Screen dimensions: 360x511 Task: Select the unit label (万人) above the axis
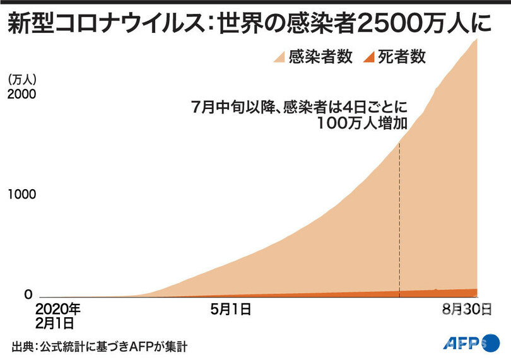click(23, 79)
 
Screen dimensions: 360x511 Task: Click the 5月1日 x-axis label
click(231, 310)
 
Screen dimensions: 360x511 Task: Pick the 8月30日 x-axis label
click(466, 310)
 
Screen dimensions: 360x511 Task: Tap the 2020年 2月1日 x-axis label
click(58, 316)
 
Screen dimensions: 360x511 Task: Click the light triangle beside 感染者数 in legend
click(279, 58)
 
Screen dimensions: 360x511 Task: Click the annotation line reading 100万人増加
click(363, 122)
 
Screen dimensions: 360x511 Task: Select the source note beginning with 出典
click(99, 346)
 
